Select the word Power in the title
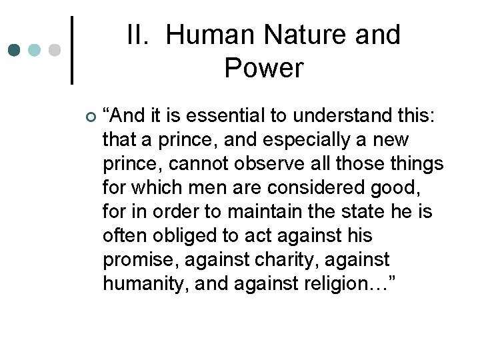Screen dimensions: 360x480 264,68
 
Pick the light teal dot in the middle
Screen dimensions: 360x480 35,50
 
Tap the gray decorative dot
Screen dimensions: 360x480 55,50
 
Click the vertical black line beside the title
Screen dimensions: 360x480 72,50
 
